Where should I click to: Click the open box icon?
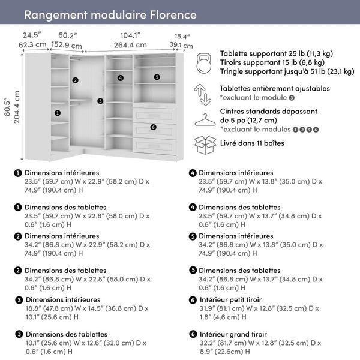[x=205, y=144]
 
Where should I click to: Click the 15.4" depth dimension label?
[x=182, y=37]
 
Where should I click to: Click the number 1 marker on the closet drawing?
[x=58, y=112]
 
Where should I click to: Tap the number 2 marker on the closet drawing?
[x=75, y=80]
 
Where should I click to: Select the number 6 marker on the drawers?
[x=154, y=127]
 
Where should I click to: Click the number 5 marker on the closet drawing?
[x=157, y=77]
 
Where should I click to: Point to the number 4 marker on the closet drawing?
[x=121, y=77]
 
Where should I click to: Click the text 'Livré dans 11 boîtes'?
[x=252, y=143]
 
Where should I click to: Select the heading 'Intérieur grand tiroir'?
[x=235, y=334]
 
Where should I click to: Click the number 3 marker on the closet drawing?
[x=100, y=101]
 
